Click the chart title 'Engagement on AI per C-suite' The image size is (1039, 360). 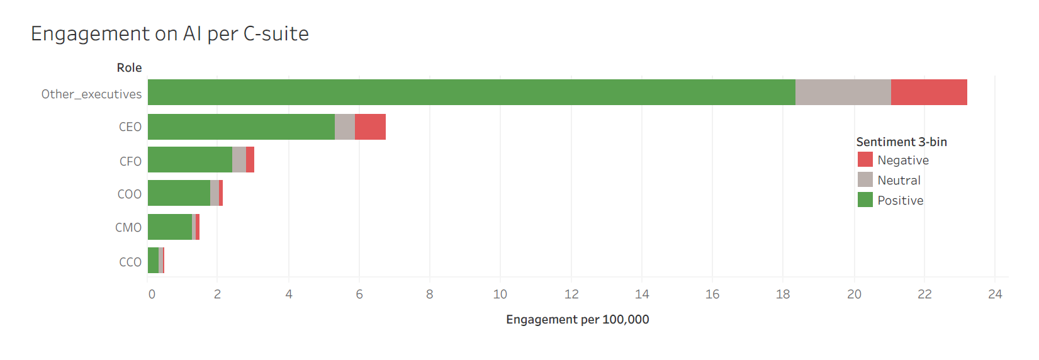(x=170, y=33)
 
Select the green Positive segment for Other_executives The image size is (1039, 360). (x=471, y=93)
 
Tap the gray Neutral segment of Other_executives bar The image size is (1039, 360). (x=843, y=93)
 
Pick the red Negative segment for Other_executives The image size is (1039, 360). (x=929, y=93)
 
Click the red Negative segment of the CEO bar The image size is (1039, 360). (x=370, y=127)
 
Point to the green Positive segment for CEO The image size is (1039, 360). (x=241, y=127)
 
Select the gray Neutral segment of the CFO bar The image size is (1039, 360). (x=239, y=160)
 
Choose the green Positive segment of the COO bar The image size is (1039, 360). (x=179, y=193)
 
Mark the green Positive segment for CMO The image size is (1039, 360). (x=170, y=227)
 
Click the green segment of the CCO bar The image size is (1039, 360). (x=153, y=261)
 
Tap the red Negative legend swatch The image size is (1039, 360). (x=865, y=160)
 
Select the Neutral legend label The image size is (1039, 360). (x=899, y=181)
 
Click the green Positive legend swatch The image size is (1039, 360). (x=865, y=200)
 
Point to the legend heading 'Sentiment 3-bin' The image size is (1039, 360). (x=901, y=142)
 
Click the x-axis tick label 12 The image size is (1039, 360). (x=571, y=295)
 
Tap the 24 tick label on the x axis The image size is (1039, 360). (x=995, y=295)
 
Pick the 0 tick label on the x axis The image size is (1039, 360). (x=152, y=295)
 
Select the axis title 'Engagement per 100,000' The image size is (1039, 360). (x=577, y=320)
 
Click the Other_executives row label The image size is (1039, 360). (x=91, y=94)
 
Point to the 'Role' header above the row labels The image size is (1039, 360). (x=129, y=68)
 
